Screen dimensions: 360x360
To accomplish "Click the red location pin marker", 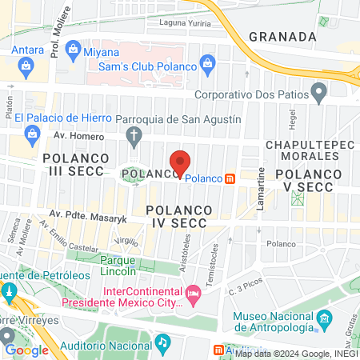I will tap(181, 163).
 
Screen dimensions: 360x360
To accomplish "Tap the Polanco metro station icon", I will tap(230, 178).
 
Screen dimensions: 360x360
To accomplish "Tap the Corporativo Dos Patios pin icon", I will tap(319, 94).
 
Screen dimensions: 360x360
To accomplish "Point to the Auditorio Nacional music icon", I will tap(163, 342).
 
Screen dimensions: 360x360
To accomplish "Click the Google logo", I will tap(26, 350).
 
